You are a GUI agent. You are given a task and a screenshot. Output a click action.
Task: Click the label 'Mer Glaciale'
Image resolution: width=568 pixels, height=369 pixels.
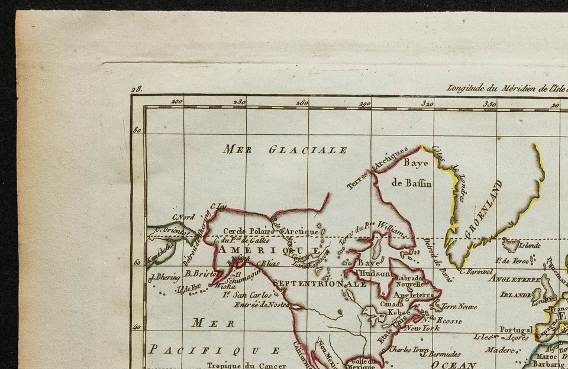click(x=285, y=150)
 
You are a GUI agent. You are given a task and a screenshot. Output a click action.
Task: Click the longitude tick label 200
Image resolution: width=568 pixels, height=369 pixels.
click(x=176, y=102)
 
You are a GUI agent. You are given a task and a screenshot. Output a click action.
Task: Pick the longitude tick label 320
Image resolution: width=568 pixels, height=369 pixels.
click(x=427, y=103)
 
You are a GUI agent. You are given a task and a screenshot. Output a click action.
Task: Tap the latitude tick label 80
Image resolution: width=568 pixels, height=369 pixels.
click(x=137, y=130)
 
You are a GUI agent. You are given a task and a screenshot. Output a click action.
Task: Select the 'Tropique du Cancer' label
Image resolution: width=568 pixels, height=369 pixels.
click(x=246, y=365)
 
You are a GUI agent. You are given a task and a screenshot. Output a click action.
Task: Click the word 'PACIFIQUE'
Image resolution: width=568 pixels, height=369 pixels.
click(x=214, y=349)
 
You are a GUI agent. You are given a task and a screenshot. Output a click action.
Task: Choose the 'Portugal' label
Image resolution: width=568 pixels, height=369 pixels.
click(x=516, y=329)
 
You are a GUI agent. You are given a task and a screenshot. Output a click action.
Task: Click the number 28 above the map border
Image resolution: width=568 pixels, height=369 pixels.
click(x=137, y=89)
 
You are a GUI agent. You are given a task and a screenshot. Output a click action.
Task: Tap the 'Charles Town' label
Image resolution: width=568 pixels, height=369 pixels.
click(x=408, y=349)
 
